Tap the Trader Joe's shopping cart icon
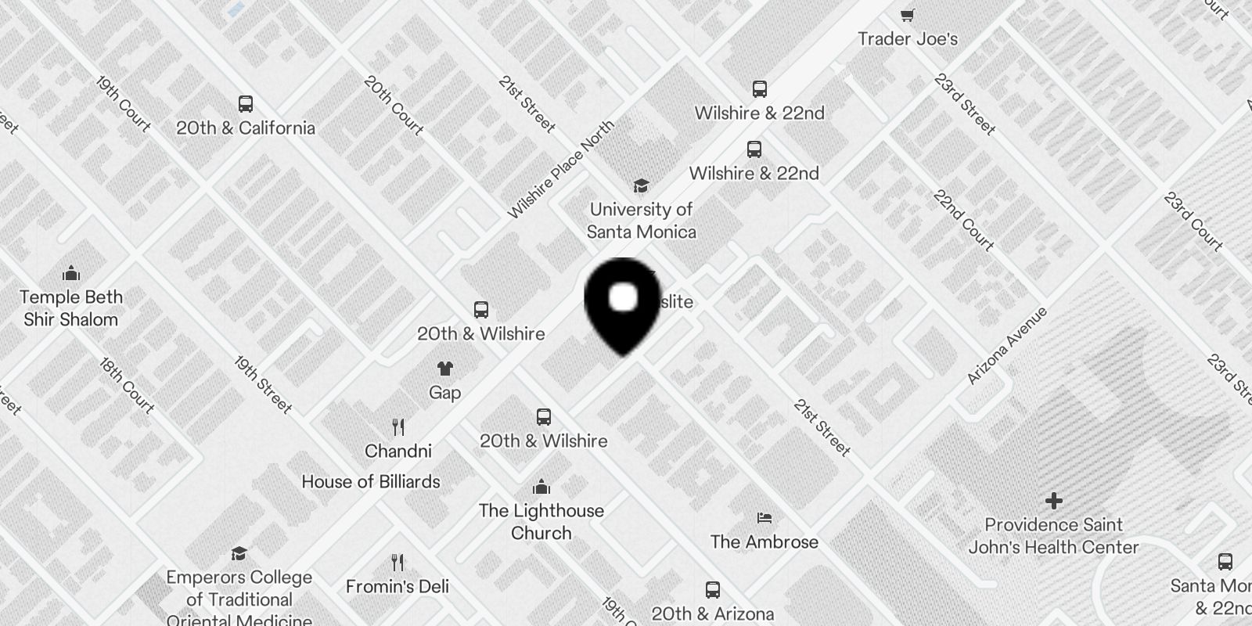[x=908, y=15]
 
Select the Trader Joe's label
[x=908, y=39]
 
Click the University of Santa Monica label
[x=641, y=221]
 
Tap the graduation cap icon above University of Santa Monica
[x=641, y=185]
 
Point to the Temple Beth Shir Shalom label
[x=71, y=308]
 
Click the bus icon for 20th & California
[x=245, y=104]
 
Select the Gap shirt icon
[x=444, y=369]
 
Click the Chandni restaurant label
[x=398, y=452]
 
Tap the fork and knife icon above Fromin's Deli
[x=398, y=563]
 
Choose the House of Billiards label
[x=371, y=482]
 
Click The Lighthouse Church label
[x=541, y=522]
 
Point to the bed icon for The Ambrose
[x=765, y=518]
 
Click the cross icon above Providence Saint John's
[x=1053, y=500]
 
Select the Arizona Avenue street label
[x=1006, y=346]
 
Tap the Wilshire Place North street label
[x=560, y=169]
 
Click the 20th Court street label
[x=393, y=105]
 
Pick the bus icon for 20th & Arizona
[x=712, y=590]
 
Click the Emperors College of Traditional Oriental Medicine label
[x=239, y=599]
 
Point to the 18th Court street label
[x=127, y=385]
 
